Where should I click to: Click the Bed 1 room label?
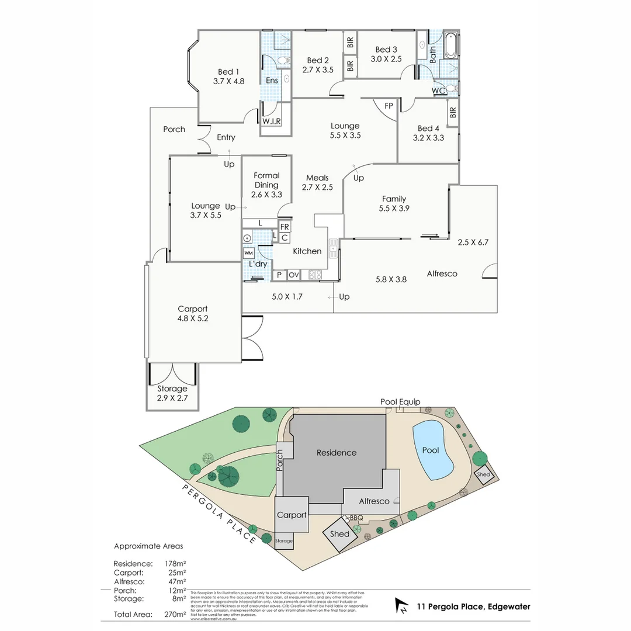pos(228,72)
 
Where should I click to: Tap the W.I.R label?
pos(272,122)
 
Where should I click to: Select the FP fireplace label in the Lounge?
pos(389,106)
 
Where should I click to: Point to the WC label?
pos(439,91)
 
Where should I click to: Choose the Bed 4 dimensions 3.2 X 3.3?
pos(428,138)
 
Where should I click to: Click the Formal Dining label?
pos(266,180)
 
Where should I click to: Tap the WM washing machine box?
pos(248,253)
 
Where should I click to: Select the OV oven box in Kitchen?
pos(293,275)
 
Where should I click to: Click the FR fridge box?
pos(285,227)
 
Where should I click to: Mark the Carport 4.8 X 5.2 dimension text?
pos(193,319)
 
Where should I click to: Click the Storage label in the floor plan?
pos(172,389)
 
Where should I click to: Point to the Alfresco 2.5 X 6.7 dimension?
pos(473,242)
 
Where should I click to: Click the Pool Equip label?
pos(400,402)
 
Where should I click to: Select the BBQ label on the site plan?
pos(356,518)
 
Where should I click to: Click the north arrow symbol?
pos(402,606)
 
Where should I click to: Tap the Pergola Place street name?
pos(219,514)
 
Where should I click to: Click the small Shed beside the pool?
pos(484,474)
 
